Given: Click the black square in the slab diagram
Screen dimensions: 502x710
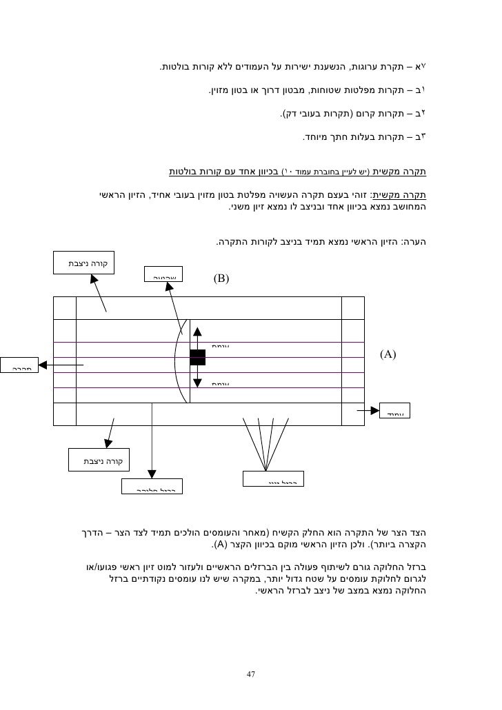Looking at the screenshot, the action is (x=197, y=357).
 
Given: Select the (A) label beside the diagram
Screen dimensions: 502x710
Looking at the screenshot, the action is (x=388, y=354).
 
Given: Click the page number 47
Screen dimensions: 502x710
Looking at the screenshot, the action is (x=250, y=673).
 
